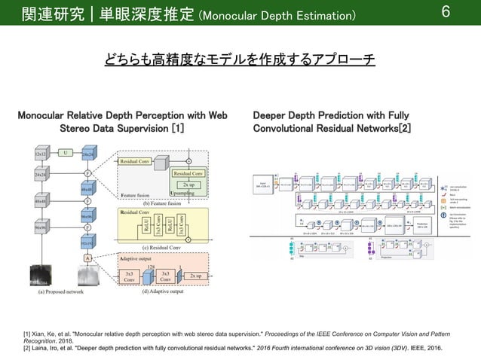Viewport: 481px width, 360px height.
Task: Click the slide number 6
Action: click(x=466, y=13)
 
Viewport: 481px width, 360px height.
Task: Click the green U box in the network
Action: click(x=66, y=154)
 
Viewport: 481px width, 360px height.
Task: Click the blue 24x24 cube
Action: click(x=87, y=154)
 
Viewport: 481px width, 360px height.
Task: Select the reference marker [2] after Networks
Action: click(x=405, y=130)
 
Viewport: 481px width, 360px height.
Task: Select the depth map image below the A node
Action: click(x=87, y=276)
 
